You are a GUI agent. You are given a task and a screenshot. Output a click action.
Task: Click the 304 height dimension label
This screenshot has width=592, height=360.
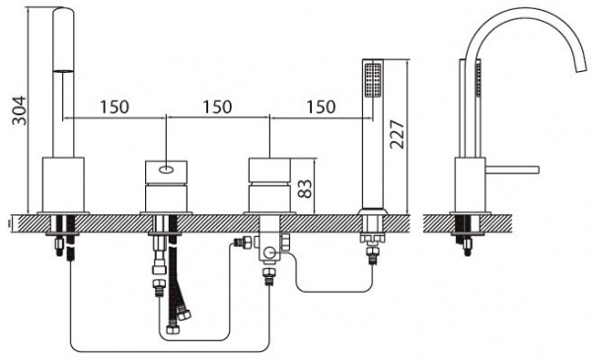pyautogui.click(x=20, y=110)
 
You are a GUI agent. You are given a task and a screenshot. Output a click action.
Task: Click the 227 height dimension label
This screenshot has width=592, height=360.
pyautogui.click(x=397, y=134)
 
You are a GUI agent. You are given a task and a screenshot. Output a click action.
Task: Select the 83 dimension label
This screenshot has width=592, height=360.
pyautogui.click(x=305, y=188)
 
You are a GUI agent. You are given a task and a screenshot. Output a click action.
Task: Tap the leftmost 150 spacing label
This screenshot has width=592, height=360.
pyautogui.click(x=114, y=108)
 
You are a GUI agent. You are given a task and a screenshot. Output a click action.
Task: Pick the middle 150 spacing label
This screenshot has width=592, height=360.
pyautogui.click(x=217, y=108)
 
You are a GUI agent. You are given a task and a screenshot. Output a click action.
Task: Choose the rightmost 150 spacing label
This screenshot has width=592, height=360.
pyautogui.click(x=321, y=108)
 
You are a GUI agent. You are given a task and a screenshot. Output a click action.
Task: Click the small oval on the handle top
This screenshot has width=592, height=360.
pyautogui.click(x=166, y=170)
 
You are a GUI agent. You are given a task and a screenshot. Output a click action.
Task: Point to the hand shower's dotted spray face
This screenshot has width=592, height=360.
pyautogui.click(x=373, y=80)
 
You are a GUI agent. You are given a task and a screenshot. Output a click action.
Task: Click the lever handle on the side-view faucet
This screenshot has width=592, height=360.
pyautogui.click(x=512, y=170)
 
